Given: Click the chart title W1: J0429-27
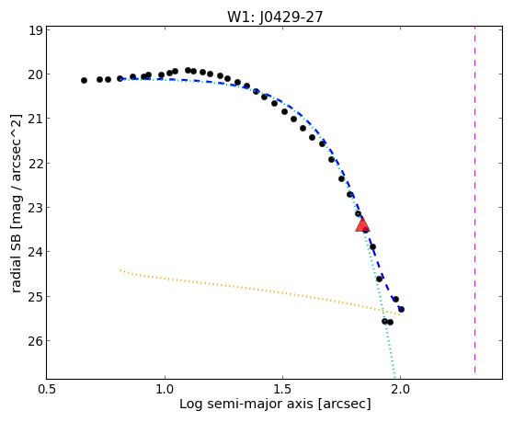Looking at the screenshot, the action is coord(275,17).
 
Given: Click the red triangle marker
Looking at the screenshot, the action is coord(362,224).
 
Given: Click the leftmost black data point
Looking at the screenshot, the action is coord(84,80).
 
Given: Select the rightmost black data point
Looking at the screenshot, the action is coord(401,309).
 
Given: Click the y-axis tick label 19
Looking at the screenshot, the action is coord(36,30).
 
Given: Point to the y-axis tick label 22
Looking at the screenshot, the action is coord(36,163).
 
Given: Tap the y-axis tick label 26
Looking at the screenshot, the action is coord(36,341).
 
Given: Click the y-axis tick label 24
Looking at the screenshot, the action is coord(36,252).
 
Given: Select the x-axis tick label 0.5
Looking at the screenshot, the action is coord(47,389).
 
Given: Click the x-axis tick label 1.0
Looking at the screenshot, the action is coord(165,389).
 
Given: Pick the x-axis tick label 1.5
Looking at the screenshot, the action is coord(282,389).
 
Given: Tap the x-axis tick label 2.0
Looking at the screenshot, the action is coord(400,389).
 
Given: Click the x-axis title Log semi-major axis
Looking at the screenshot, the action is coord(246,405).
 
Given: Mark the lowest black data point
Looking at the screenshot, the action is coord(390,323).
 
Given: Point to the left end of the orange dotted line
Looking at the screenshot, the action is coord(120,270).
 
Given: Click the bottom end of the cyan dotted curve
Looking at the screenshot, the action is coord(395,378).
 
